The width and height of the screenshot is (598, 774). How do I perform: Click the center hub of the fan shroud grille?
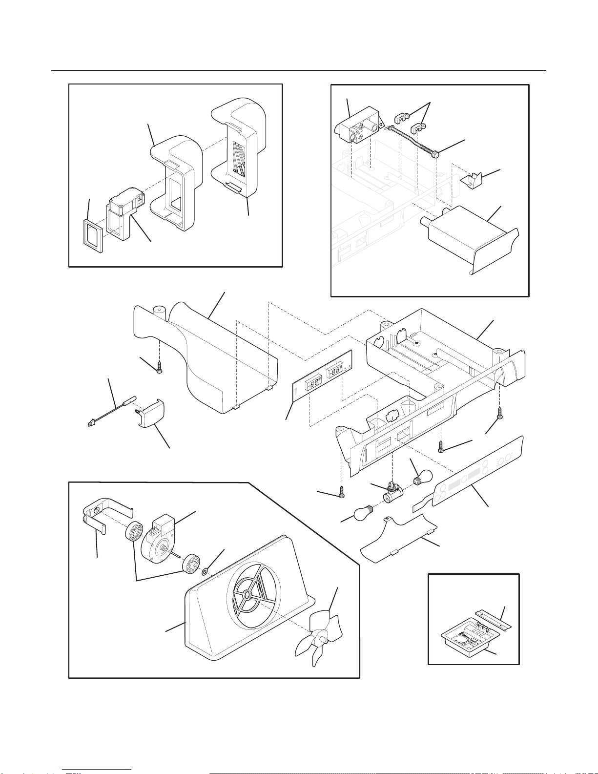point(247,595)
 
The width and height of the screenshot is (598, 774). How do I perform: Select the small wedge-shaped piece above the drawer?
point(472,181)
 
